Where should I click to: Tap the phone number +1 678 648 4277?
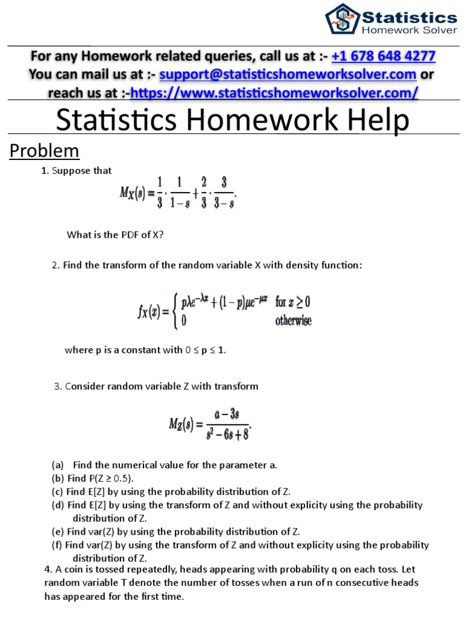pyautogui.click(x=383, y=57)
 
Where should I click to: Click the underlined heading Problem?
pyautogui.click(x=44, y=150)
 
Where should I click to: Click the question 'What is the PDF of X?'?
pyautogui.click(x=115, y=235)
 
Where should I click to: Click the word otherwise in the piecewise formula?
pyautogui.click(x=294, y=321)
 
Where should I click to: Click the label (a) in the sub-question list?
pyautogui.click(x=58, y=465)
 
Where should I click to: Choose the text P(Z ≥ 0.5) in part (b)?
pyautogui.click(x=109, y=478)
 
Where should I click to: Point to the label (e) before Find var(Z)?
pyautogui.click(x=58, y=532)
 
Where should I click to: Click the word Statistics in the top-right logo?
pyautogui.click(x=408, y=16)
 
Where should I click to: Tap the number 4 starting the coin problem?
pyautogui.click(x=48, y=569)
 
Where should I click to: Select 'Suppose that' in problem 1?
pyautogui.click(x=81, y=171)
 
